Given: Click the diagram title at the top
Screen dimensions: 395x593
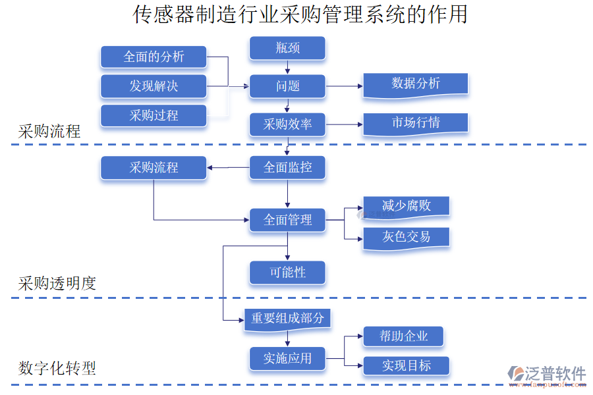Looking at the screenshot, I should (x=300, y=14).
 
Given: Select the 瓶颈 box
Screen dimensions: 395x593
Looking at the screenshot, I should (x=287, y=48).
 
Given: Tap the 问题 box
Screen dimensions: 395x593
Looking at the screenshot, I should (x=287, y=86).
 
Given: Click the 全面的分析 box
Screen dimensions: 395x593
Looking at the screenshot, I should (x=154, y=57).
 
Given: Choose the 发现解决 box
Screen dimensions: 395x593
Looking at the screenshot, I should (x=154, y=86).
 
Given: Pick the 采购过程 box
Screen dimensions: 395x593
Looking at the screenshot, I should (x=154, y=115).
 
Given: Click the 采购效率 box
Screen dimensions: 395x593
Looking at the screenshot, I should (x=287, y=124).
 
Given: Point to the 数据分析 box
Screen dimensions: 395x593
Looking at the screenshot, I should (x=415, y=84).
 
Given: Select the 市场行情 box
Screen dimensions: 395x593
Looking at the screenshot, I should (x=415, y=123).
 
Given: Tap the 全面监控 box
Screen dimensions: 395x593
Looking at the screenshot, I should (x=287, y=168).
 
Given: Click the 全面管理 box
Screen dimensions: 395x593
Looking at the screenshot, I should (x=287, y=220).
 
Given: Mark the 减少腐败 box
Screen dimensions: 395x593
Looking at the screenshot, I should (x=406, y=206).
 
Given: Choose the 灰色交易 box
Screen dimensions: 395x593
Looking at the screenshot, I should (x=406, y=237).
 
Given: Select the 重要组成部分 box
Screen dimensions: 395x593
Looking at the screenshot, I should (x=287, y=319).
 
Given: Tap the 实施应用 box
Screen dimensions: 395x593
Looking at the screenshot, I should (x=287, y=359).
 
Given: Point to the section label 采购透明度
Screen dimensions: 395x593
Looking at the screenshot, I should (x=57, y=284).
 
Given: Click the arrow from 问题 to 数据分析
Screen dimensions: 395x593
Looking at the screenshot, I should (x=344, y=86).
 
